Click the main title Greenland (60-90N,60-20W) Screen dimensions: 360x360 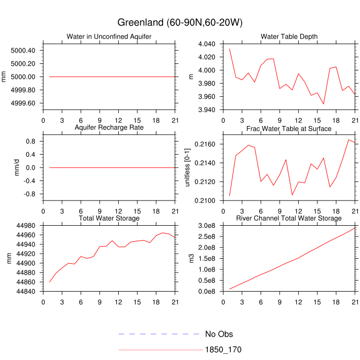(x=180, y=23)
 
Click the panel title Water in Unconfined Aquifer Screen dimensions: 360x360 (x=109, y=36)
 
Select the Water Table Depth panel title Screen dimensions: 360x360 (x=289, y=36)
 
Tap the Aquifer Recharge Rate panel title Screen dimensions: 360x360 (x=109, y=127)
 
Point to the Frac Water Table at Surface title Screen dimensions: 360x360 (x=289, y=128)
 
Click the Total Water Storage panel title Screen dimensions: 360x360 (x=109, y=219)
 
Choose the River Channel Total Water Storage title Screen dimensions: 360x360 (x=289, y=219)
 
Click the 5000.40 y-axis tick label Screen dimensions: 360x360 (x=23, y=50)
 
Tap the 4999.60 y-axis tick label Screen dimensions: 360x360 (x=23, y=103)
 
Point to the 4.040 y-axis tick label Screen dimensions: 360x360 (x=206, y=44)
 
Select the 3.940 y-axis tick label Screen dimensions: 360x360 (x=206, y=110)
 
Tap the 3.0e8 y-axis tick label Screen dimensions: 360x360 (x=205, y=226)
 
